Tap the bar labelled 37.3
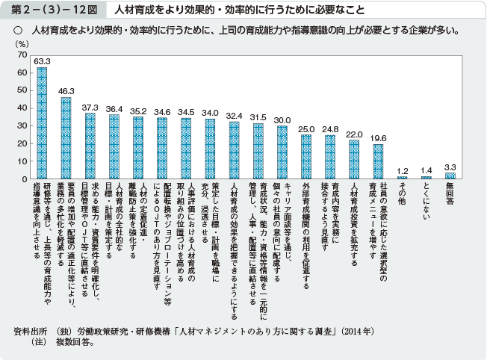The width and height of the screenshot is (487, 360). pyautogui.click(x=90, y=145)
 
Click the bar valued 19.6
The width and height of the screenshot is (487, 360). pyautogui.click(x=377, y=161)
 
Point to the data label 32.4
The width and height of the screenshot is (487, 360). pyautogui.click(x=234, y=117)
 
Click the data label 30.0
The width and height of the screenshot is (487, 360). pyautogui.click(x=282, y=120)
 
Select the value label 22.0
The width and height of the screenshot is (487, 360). pyautogui.click(x=353, y=134)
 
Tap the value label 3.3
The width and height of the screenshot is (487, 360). pyautogui.click(x=450, y=167)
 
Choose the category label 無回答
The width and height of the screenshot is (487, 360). pyautogui.click(x=450, y=193)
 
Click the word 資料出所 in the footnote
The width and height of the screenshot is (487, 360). pyautogui.click(x=31, y=329)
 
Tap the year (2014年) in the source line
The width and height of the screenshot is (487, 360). pyautogui.click(x=359, y=329)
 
